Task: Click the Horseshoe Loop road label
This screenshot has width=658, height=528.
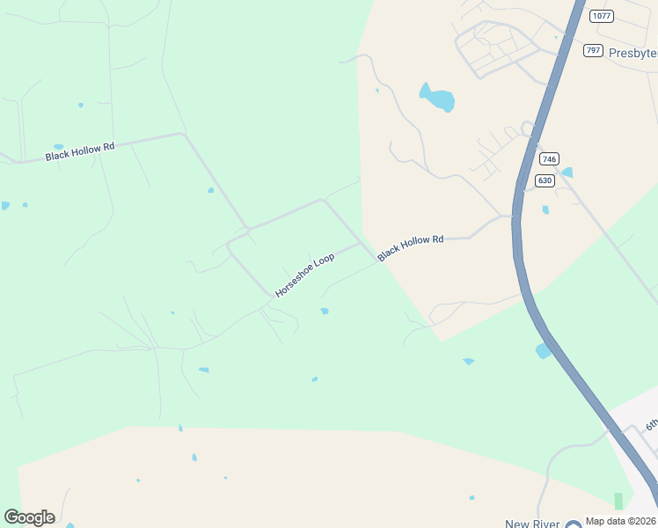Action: (304, 275)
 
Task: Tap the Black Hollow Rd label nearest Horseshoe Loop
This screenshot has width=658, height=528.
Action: (410, 247)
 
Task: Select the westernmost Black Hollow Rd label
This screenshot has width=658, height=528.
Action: (80, 151)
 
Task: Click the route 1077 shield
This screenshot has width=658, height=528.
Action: (602, 16)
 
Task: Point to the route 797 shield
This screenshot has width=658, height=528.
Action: (593, 50)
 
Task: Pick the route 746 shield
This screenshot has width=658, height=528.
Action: (549, 159)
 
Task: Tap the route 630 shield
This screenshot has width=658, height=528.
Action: (545, 180)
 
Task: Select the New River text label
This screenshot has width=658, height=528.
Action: (532, 524)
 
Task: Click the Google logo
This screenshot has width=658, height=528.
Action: (29, 517)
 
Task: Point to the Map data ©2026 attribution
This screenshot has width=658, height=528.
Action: (619, 521)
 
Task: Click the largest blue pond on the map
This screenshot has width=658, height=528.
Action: (437, 98)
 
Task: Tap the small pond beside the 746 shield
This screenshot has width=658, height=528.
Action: (567, 172)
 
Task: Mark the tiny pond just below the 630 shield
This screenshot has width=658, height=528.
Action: (545, 209)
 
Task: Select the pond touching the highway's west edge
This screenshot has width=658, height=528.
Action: (543, 351)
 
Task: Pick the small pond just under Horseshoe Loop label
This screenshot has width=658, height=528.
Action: (325, 311)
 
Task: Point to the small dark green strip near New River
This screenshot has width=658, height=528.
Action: (618, 501)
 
